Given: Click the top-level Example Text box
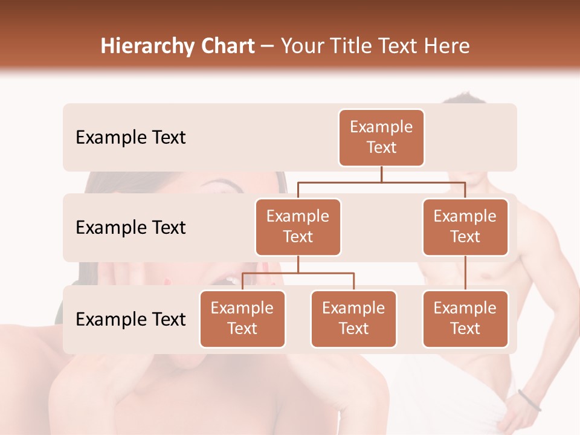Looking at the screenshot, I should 381,138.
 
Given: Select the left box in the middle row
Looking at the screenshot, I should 298,227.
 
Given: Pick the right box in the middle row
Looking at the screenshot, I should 465,227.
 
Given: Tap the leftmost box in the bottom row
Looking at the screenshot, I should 242,318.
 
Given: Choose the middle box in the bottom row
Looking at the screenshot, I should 353,318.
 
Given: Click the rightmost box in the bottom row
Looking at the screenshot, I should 465,318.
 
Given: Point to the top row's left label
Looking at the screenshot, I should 130,138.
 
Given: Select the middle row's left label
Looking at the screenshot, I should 130,228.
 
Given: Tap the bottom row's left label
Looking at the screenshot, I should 130,320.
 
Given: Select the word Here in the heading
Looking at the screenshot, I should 446,46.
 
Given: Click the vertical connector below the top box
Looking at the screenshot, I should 381,174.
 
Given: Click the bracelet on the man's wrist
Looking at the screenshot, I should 529,401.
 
